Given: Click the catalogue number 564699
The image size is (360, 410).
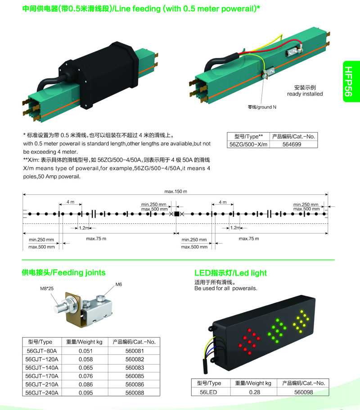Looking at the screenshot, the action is [x=292, y=144].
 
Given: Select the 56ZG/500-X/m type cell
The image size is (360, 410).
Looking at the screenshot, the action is [x=248, y=144].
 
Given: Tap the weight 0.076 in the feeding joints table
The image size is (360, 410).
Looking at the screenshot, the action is [x=85, y=376].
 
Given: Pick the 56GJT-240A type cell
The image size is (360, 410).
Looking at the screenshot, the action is [x=42, y=393].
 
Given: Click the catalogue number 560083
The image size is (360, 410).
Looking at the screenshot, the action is [x=135, y=368].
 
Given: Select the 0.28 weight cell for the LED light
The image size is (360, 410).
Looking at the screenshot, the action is [x=255, y=392].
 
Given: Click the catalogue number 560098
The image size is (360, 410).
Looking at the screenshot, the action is [x=303, y=392].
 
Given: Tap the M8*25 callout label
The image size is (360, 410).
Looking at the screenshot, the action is [x=47, y=289].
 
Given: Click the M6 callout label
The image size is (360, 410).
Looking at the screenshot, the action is [x=119, y=284].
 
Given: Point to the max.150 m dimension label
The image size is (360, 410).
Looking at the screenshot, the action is [x=175, y=192].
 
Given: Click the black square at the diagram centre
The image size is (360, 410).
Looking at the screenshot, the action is [x=177, y=214].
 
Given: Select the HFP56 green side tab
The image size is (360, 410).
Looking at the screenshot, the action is [x=351, y=81].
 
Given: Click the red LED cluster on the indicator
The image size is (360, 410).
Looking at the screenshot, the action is [x=249, y=342].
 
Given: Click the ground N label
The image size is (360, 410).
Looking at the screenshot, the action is [x=262, y=107].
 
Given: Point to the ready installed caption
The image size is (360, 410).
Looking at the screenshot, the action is [x=305, y=94].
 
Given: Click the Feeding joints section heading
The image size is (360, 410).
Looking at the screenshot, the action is [x=63, y=272].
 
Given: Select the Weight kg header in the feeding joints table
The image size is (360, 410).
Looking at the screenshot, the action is [x=84, y=342].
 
